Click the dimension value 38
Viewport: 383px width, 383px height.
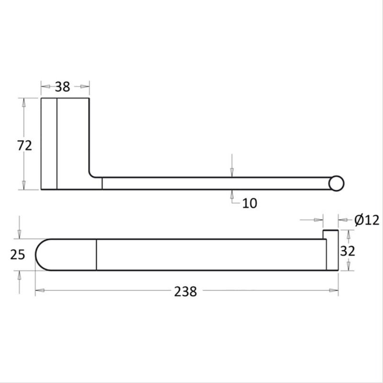click(62, 87)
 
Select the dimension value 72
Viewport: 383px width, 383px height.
click(24, 145)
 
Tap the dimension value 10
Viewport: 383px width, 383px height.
click(249, 203)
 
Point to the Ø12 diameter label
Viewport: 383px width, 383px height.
click(367, 220)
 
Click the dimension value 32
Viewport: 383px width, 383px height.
click(348, 250)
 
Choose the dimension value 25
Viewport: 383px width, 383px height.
click(18, 254)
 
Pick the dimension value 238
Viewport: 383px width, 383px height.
click(185, 291)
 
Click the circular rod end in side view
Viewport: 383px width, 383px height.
click(337, 183)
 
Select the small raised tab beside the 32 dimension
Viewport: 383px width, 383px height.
click(330, 234)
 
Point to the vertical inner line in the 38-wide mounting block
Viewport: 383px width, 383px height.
click(57, 144)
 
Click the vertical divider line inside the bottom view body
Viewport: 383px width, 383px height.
click(97, 254)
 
